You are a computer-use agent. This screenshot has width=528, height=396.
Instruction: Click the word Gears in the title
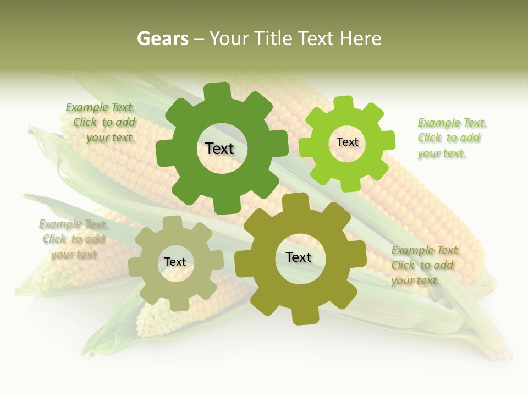pos(162,38)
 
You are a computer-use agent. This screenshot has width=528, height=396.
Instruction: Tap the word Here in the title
pos(360,38)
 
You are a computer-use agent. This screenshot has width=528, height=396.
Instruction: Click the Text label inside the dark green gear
pos(219,148)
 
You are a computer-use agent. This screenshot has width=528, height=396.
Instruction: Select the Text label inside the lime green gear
pos(347,142)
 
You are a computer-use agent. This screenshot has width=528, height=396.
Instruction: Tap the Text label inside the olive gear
pos(299,257)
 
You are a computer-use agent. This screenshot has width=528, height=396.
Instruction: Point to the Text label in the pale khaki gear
pos(175,262)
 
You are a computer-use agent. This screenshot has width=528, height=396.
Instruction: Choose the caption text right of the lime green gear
pos(451,138)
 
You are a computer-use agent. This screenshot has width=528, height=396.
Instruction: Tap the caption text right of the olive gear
pos(425,266)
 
